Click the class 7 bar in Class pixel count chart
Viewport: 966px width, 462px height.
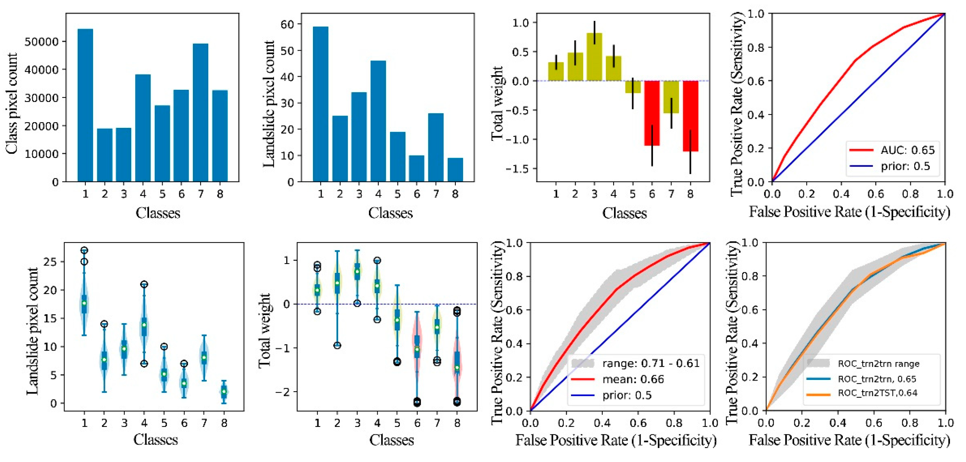[201, 112]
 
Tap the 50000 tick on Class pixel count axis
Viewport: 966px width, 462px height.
[42, 42]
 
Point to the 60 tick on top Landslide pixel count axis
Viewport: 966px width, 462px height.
[287, 24]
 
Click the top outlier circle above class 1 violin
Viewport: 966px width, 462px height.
[84, 250]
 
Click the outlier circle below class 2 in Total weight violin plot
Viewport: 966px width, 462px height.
[337, 345]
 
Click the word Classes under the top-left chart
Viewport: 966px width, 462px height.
[158, 213]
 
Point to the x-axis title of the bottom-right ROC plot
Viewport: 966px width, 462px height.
[849, 440]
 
